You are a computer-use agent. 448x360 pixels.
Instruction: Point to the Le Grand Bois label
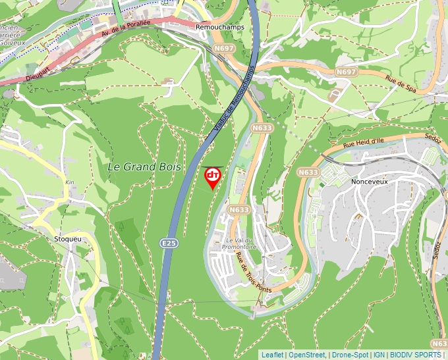(x=144, y=167)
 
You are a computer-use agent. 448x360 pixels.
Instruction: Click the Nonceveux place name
(x=372, y=182)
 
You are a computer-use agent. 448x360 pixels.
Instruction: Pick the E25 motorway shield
(x=169, y=244)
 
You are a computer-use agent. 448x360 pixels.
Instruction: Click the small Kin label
(x=70, y=182)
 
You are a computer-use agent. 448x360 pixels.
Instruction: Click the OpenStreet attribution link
(x=306, y=355)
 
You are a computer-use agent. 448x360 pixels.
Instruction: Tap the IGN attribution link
(x=379, y=355)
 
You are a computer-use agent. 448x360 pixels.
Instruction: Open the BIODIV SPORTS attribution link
(x=416, y=355)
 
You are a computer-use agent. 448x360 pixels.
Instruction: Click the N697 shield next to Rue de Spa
(x=346, y=71)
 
